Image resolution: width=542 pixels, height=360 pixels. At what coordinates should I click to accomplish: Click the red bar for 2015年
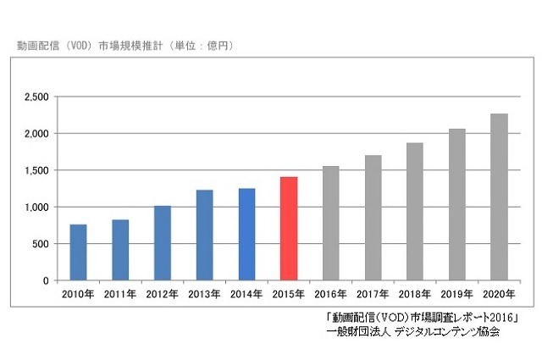[x=289, y=229]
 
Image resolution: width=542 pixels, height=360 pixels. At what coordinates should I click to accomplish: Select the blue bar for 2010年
[x=78, y=252]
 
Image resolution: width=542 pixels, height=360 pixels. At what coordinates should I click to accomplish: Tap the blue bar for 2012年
[x=162, y=243]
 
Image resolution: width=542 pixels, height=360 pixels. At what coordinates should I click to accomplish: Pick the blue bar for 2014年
[x=246, y=235]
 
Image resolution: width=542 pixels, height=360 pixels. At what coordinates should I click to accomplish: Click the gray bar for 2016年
[x=330, y=224]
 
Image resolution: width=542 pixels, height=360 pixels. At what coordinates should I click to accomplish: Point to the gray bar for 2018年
[x=415, y=212]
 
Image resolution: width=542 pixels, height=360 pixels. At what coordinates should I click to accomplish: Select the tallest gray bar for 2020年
[x=499, y=197]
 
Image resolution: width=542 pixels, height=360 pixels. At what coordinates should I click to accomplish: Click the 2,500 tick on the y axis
[x=36, y=97]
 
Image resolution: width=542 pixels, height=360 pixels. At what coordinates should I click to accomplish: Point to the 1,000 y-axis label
[x=36, y=208]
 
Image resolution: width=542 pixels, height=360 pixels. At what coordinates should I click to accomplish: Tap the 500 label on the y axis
[x=40, y=244]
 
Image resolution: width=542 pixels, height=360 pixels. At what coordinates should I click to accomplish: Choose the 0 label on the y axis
[x=47, y=280]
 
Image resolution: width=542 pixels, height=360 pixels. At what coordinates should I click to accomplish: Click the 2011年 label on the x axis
[x=120, y=295]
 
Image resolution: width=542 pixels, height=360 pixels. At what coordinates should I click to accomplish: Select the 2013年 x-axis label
[x=204, y=295]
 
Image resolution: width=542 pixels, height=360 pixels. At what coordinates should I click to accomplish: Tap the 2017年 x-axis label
[x=373, y=295]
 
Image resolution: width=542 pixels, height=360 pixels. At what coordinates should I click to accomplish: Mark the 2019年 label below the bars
[x=456, y=295]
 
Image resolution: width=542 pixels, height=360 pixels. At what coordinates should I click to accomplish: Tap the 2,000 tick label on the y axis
[x=36, y=134]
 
